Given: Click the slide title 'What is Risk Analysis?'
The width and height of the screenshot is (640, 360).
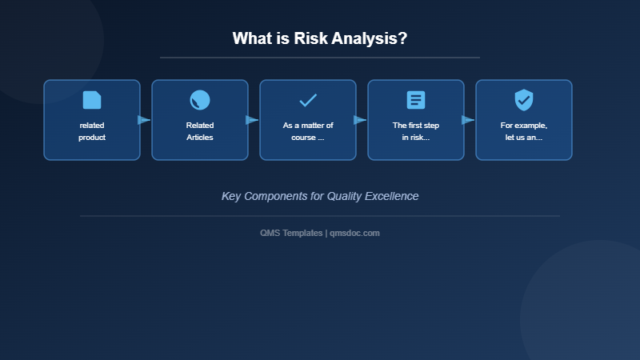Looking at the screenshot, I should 320,38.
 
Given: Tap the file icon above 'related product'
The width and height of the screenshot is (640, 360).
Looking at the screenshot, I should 92,100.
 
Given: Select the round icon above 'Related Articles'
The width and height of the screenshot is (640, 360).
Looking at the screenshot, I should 200,100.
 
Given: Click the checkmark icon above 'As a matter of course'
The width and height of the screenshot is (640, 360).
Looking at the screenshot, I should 308,100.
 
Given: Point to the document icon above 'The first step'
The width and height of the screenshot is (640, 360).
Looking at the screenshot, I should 416,100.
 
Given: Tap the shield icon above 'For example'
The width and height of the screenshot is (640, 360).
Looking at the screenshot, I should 524,100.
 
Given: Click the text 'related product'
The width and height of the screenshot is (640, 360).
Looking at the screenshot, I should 92,131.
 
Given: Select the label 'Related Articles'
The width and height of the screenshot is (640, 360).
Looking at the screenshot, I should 200,131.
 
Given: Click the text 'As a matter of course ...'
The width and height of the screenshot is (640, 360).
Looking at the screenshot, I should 308,131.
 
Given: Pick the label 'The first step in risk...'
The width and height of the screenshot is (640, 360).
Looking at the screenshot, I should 416,131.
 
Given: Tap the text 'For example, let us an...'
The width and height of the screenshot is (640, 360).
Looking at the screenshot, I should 524,131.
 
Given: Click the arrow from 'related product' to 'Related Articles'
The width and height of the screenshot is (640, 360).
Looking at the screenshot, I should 144,120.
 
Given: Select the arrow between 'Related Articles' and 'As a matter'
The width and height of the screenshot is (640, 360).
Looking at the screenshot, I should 252,120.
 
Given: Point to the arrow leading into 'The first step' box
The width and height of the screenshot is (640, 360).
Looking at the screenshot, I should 360,120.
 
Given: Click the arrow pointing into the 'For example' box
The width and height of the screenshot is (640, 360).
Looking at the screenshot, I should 468,120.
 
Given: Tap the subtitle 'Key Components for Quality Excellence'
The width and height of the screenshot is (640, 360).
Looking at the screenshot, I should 320,196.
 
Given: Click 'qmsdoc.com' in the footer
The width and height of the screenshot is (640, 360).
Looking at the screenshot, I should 354,233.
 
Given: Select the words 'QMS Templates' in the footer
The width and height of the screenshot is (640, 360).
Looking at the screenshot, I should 291,233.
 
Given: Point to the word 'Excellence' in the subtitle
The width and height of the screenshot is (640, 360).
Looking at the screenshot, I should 390,196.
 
